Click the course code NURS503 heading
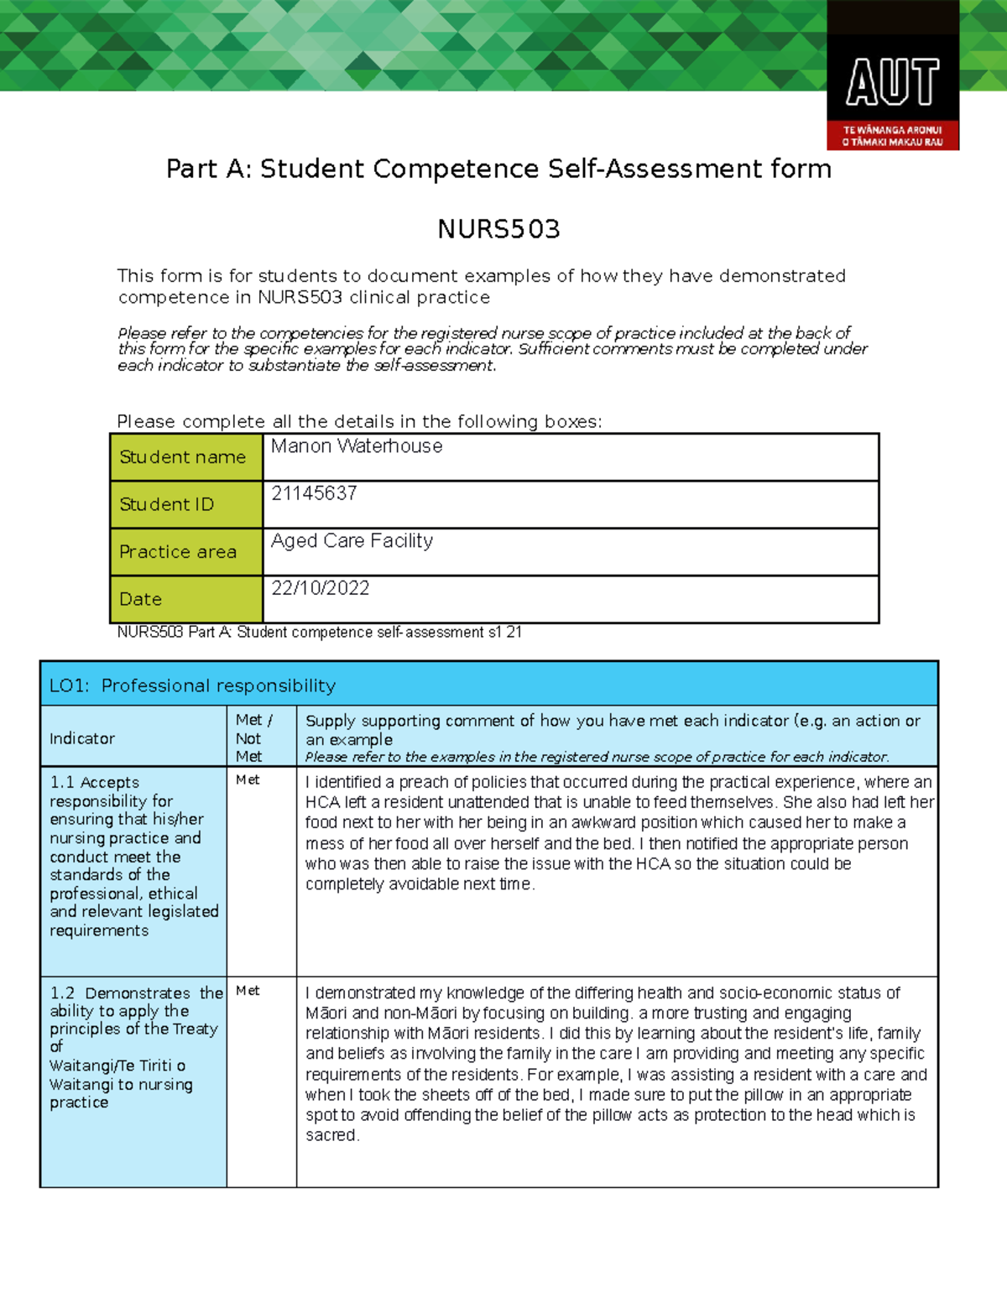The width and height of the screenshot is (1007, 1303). pyautogui.click(x=498, y=229)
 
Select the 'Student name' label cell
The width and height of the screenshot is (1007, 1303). pyautogui.click(x=183, y=457)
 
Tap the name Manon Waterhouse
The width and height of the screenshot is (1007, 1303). pyautogui.click(x=357, y=446)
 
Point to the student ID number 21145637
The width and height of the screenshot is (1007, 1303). pyautogui.click(x=314, y=493)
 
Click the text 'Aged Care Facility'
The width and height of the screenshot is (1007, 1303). pyautogui.click(x=352, y=541)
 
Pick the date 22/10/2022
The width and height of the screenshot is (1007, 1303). pyautogui.click(x=320, y=588)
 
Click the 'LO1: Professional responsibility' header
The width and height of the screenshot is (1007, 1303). pyautogui.click(x=193, y=685)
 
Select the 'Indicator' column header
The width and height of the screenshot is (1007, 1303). pyautogui.click(x=82, y=738)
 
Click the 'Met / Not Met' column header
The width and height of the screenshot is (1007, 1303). pyautogui.click(x=251, y=737)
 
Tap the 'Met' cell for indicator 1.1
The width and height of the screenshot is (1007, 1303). pyautogui.click(x=248, y=780)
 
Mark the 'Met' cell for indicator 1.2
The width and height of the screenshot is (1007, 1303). pyautogui.click(x=248, y=991)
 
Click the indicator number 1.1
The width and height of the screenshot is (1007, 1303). pyautogui.click(x=62, y=782)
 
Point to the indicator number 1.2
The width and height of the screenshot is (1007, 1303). pyautogui.click(x=62, y=993)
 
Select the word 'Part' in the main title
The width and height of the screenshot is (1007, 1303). pyautogui.click(x=191, y=169)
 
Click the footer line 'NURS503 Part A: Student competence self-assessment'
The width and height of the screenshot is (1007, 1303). pyautogui.click(x=319, y=632)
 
